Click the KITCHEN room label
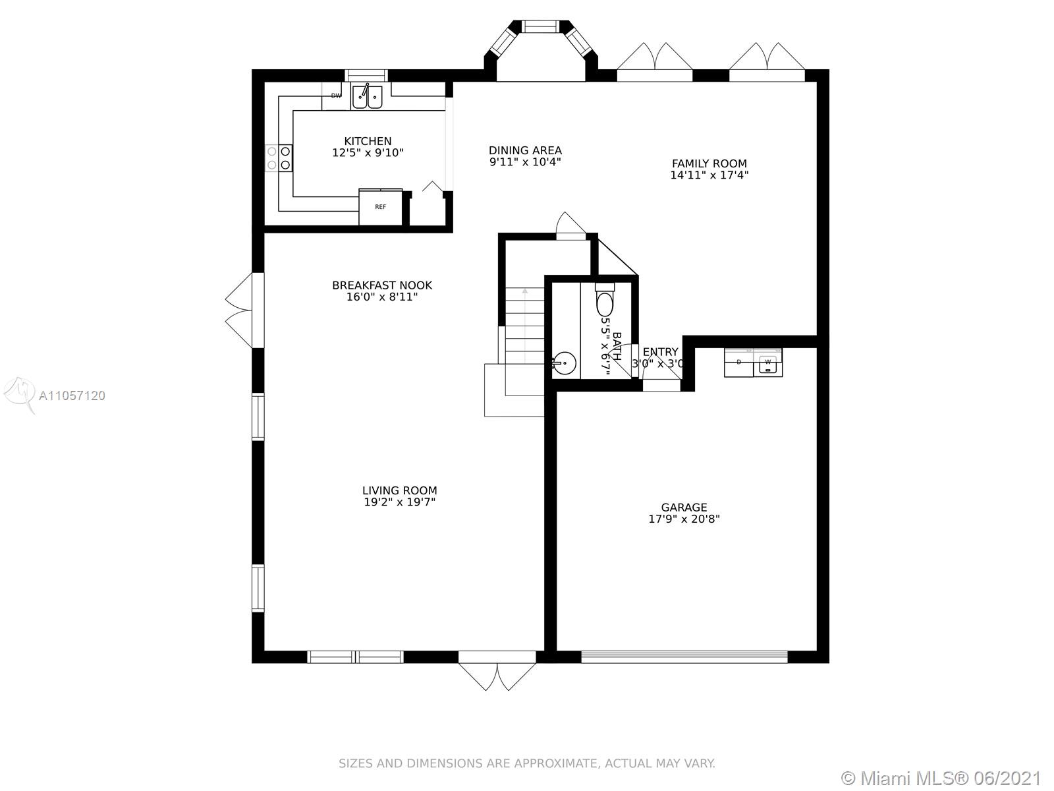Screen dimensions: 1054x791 coord(368,141)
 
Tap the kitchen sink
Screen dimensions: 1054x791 coord(368,97)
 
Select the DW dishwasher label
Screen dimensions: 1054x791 coord(336,96)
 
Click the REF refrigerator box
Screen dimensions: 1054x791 coord(381,206)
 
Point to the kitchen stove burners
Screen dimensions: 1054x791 coord(279,158)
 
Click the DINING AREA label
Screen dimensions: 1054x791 coord(525,150)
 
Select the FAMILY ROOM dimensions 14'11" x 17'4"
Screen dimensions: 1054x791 coord(709,175)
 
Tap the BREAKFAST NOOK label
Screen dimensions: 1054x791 coord(382,285)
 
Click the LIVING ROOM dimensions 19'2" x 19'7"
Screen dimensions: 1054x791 coord(399,502)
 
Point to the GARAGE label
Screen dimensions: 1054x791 coord(684,507)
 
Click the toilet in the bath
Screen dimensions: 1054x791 coord(605,299)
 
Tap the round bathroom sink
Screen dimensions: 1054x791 coord(564,363)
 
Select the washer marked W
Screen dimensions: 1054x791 coord(768,363)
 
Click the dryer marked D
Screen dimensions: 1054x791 coord(739,363)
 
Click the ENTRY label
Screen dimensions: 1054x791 coord(660,351)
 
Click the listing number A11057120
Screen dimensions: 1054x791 coord(72,395)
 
